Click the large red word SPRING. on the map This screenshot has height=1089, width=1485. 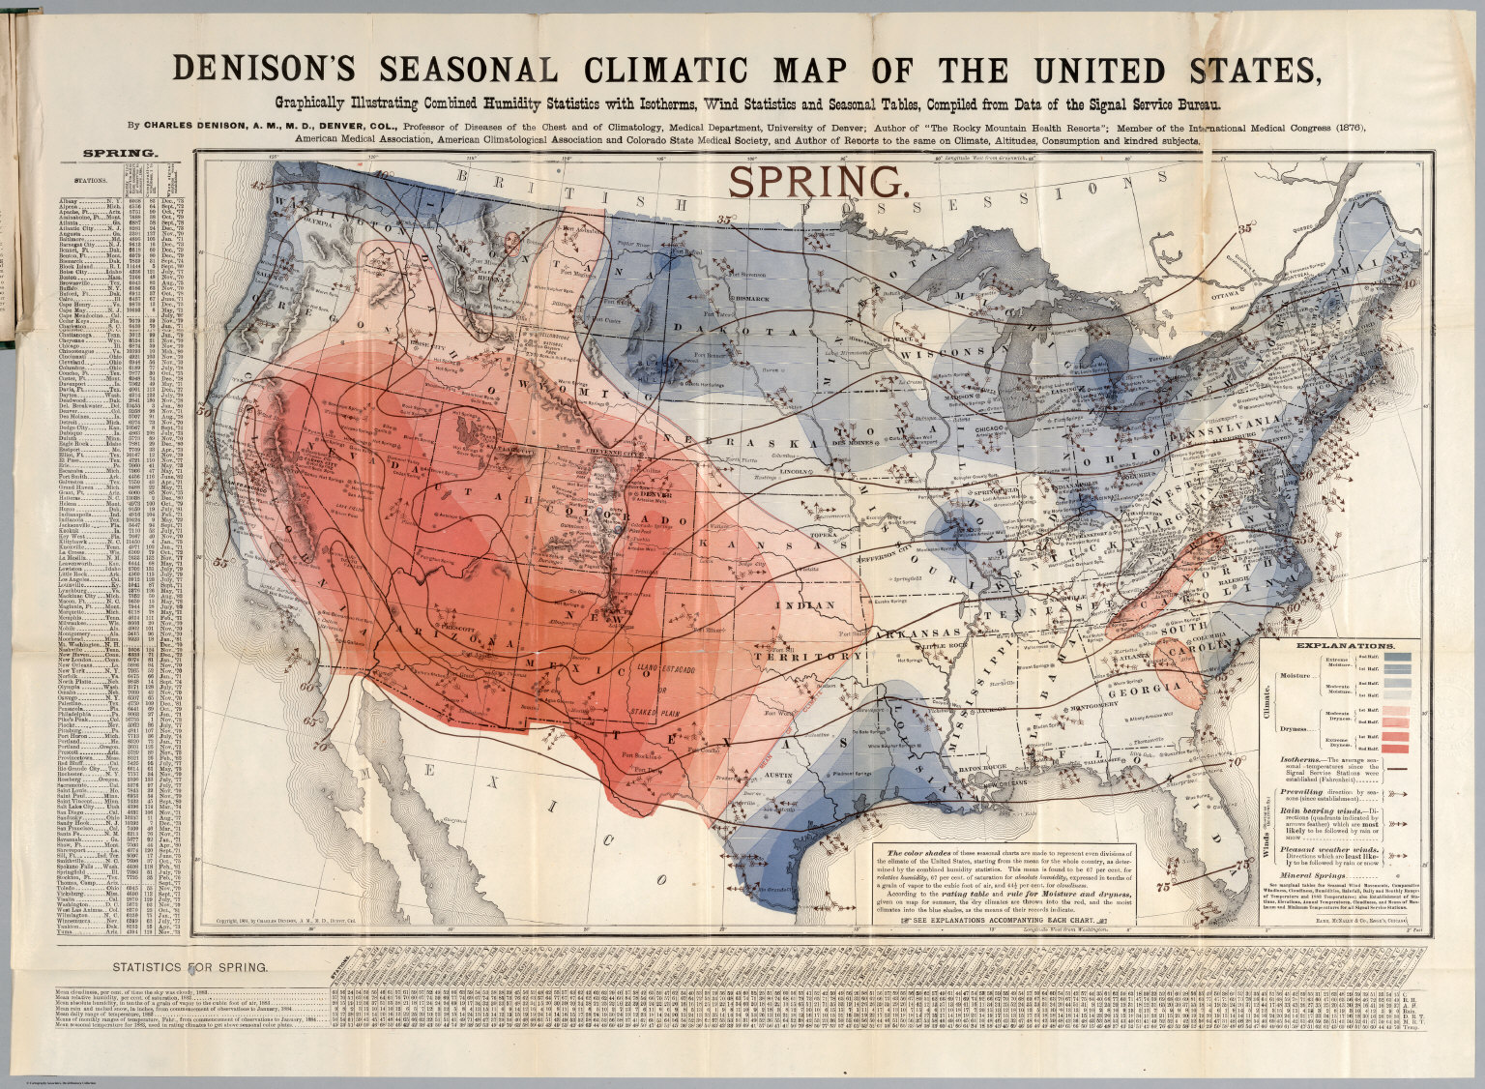point(817,181)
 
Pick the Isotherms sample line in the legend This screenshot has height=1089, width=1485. point(1397,768)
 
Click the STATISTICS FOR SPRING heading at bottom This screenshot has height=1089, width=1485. point(191,966)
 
